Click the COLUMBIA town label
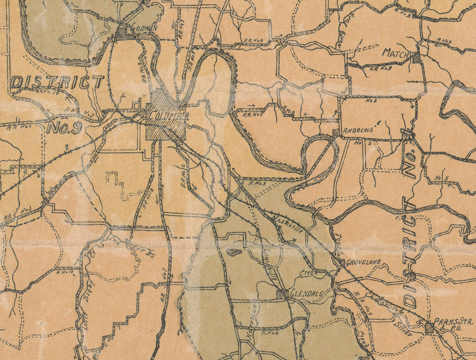(168, 116)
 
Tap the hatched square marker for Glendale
(282, 294)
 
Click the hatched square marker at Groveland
(342, 262)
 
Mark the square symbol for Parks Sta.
(430, 327)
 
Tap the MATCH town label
(396, 53)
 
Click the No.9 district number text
(64, 128)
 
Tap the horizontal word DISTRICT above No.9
(57, 82)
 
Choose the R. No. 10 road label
(65, 272)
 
